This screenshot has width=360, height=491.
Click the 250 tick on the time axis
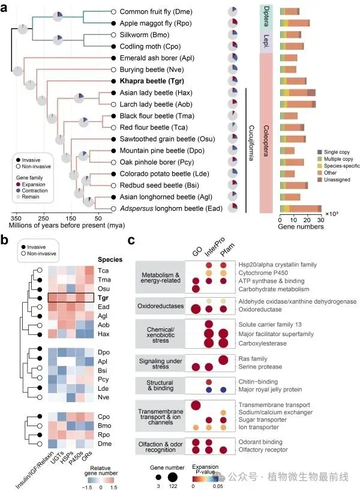click(x=43, y=218)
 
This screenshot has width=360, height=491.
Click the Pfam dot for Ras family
click(x=223, y=359)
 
